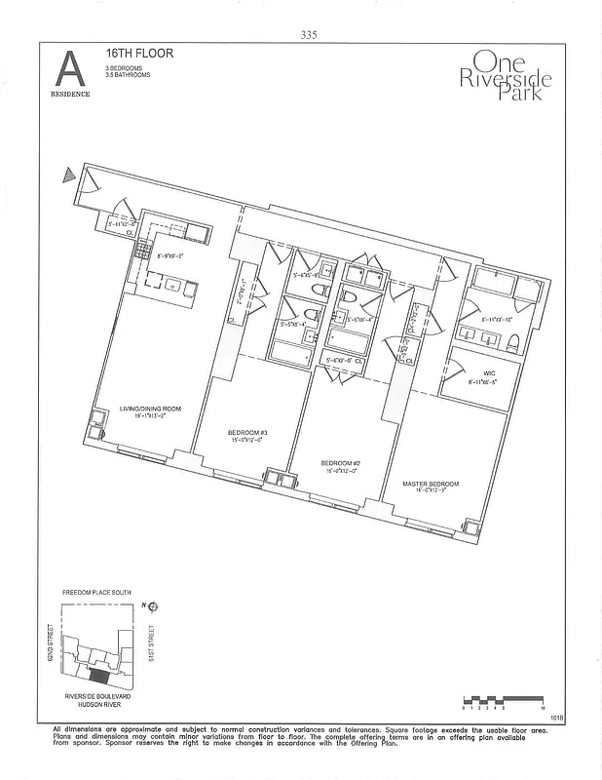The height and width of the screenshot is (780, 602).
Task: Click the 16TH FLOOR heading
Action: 139,54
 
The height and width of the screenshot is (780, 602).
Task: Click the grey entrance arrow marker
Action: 68,176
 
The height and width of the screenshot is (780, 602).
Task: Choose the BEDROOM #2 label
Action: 340,463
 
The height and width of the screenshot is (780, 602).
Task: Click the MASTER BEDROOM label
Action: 431,484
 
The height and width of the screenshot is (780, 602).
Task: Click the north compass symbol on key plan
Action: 153,605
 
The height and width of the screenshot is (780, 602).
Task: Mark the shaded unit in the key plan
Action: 98,674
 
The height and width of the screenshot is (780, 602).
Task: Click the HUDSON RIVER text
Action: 96,703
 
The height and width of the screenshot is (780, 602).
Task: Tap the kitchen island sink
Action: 171,285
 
